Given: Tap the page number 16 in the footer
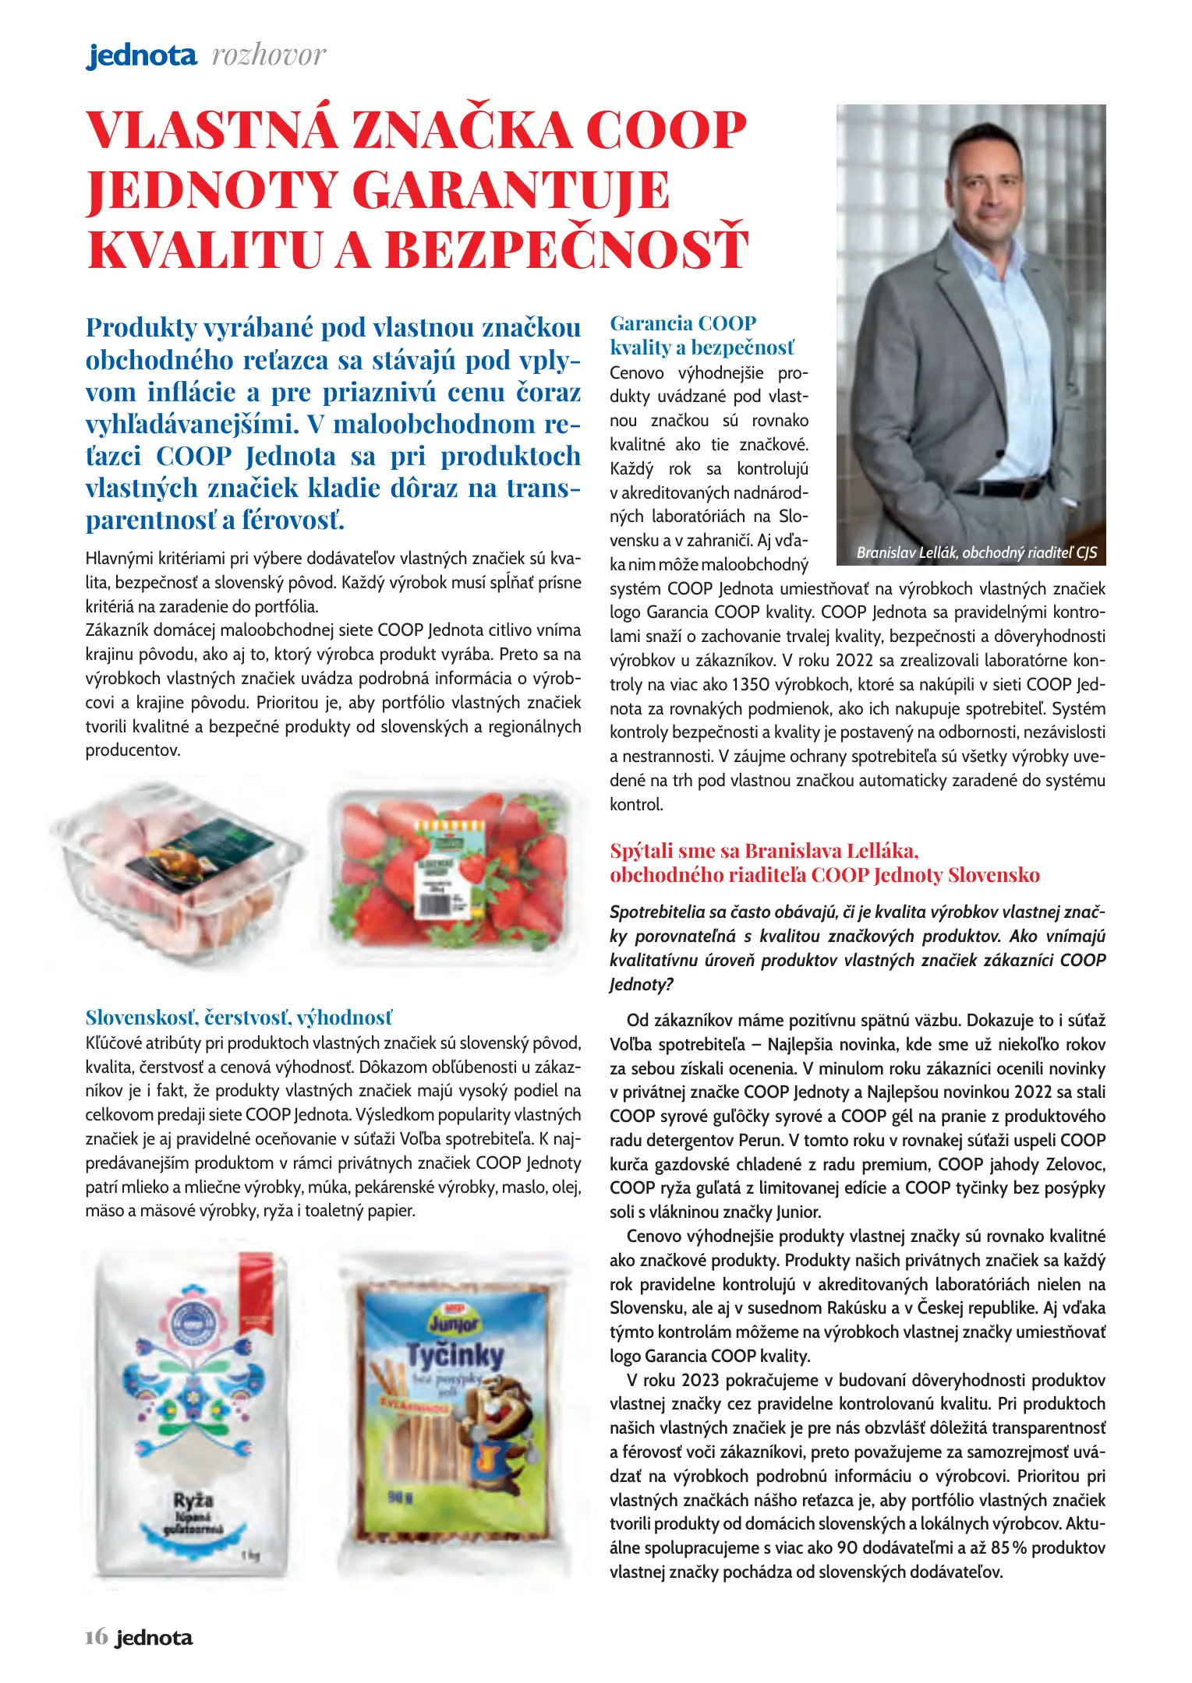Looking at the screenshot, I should tap(96, 1637).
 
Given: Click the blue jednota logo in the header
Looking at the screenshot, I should tap(141, 55).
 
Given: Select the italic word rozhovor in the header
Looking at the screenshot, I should tap(269, 55).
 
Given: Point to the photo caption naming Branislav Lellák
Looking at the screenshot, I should tap(976, 552).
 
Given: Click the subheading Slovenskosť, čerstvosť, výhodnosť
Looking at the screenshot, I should tap(239, 1018).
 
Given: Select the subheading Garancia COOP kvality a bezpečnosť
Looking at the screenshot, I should tap(702, 335).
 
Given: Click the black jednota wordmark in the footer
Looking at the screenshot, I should tap(154, 1638).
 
